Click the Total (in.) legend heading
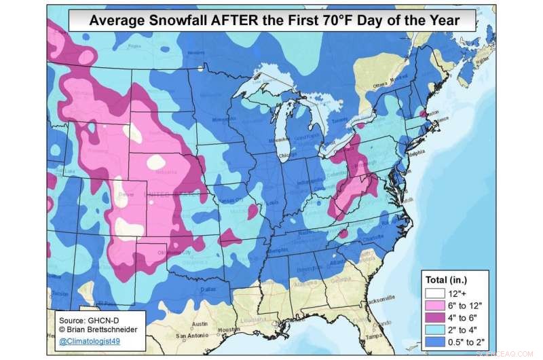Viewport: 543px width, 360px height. click(446, 279)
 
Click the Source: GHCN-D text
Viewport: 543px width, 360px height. click(88, 318)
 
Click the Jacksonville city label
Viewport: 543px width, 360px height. click(381, 299)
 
